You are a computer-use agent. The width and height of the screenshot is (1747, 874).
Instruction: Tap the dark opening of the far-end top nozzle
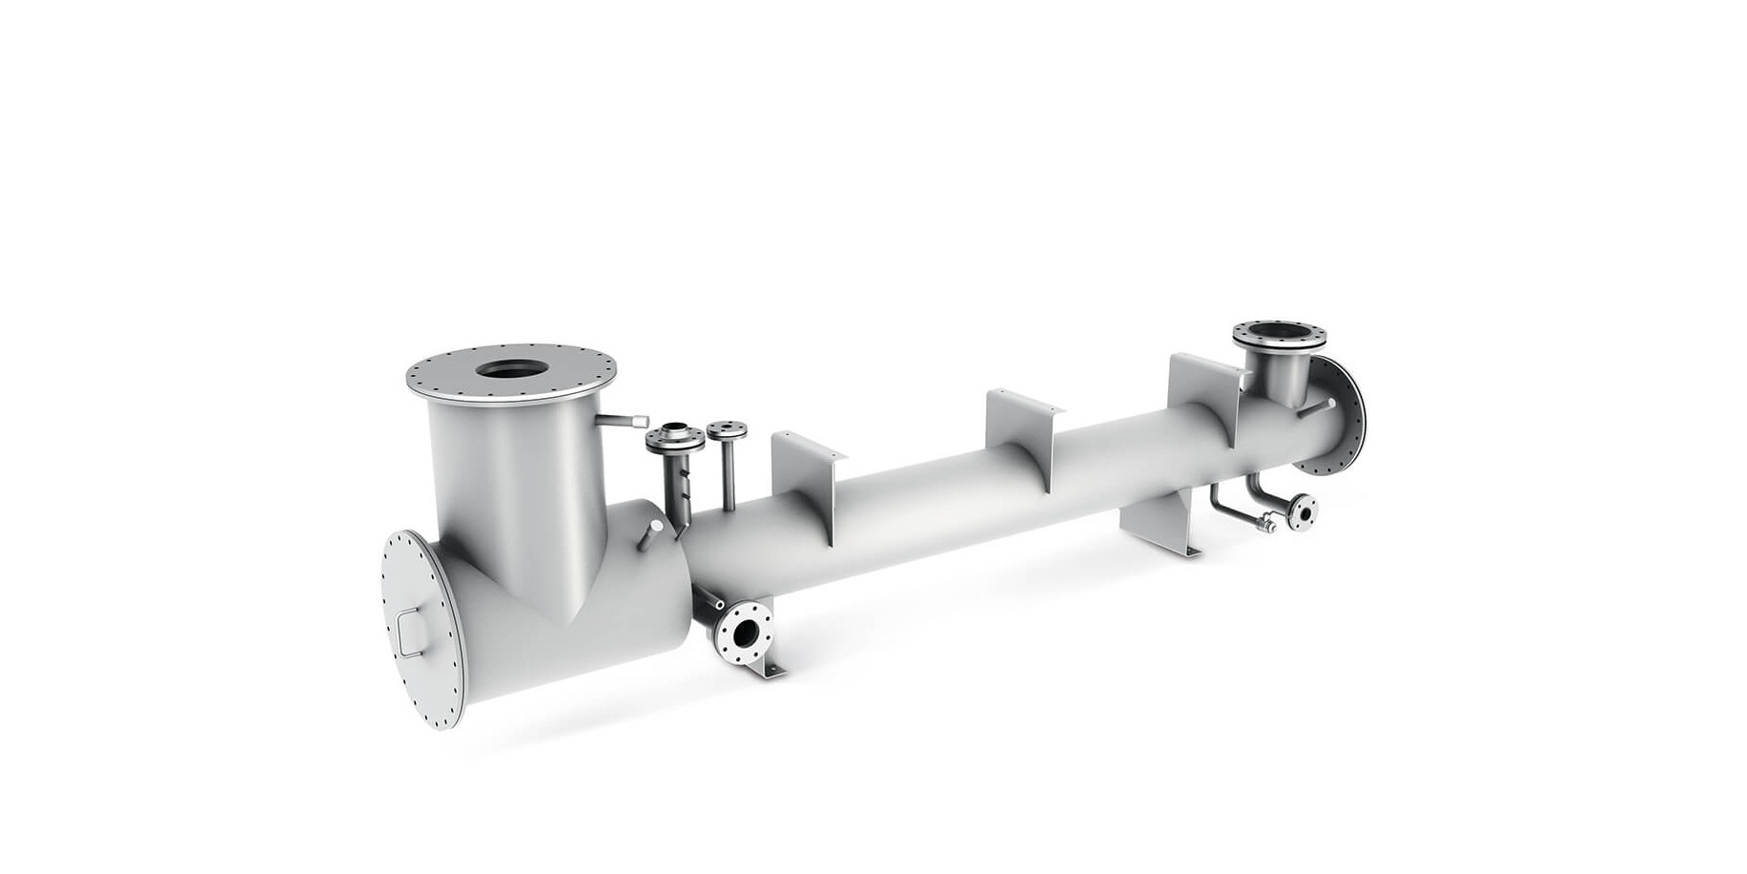tap(1277, 335)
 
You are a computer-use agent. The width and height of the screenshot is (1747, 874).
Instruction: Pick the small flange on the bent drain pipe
tap(1303, 511)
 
